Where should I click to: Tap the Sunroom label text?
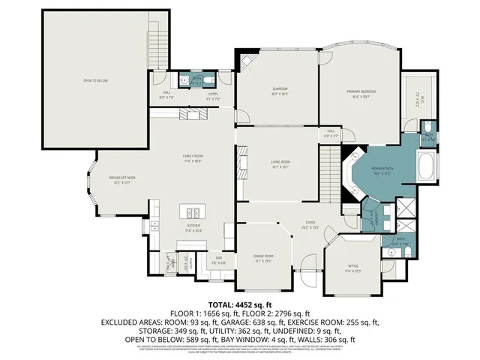click(x=280, y=91)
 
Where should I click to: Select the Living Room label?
click(x=280, y=163)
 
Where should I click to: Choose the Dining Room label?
click(x=262, y=258)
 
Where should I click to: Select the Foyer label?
click(x=307, y=224)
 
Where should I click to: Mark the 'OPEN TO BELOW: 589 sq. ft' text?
click(x=161, y=339)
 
